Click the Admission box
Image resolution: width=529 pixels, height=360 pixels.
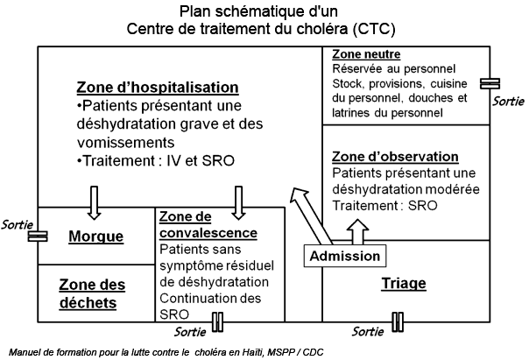point(345,256)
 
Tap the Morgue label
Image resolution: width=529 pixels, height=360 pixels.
point(95,236)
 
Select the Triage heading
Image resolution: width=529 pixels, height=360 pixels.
point(404,283)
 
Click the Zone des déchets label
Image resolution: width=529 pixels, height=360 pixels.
point(92,293)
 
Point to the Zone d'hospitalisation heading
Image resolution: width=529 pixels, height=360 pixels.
point(158,87)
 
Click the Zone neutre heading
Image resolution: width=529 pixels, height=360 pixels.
point(366,54)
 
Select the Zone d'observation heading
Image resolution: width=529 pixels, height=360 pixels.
point(395,157)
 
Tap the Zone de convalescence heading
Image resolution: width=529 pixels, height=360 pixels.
point(208,225)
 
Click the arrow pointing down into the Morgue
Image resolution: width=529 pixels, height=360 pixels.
point(94,203)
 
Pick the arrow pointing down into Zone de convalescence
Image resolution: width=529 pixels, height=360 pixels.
point(238,203)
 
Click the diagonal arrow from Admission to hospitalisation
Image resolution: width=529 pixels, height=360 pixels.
point(311,216)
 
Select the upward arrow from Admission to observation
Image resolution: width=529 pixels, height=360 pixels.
point(357,232)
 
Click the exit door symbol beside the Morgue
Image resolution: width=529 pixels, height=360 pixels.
point(38,236)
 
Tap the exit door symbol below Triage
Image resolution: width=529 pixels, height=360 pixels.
point(398,321)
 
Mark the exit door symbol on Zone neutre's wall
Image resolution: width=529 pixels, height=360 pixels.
point(490,83)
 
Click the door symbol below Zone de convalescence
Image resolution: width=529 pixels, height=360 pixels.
point(217,321)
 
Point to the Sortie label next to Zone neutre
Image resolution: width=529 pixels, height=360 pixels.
point(509,102)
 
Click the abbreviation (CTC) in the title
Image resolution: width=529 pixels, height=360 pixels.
point(374,29)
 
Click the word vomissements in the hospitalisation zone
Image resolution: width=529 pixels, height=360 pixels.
point(125,143)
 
